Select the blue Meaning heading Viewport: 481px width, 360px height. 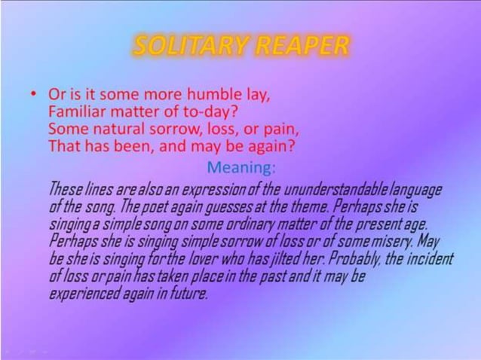coord(240,166)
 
